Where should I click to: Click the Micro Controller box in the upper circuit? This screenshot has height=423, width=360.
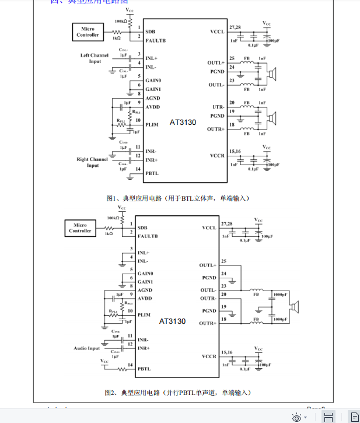tap(88, 32)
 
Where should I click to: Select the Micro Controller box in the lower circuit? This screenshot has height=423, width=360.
tap(80, 228)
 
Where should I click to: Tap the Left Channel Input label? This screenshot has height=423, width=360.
tap(94, 58)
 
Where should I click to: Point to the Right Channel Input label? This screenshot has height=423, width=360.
tap(92, 162)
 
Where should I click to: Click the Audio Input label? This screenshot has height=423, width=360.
tap(87, 348)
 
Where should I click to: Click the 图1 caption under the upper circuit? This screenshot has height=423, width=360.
tap(179, 198)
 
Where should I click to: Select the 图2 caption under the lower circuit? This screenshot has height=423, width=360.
tap(177, 393)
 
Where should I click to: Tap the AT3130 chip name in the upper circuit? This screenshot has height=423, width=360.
tap(183, 123)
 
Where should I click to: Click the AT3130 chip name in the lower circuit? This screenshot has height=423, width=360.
tap(173, 321)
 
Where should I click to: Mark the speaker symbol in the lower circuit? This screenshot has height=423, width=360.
tap(296, 307)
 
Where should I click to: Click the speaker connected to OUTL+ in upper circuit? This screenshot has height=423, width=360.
tap(271, 74)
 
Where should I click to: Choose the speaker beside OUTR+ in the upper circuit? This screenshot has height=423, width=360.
tap(271, 118)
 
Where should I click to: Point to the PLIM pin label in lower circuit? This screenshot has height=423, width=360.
tap(144, 314)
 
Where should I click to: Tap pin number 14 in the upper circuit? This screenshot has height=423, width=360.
tap(138, 170)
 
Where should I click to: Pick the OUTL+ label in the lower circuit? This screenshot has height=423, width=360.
tap(208, 265)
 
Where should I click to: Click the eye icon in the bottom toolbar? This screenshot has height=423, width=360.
tap(297, 417)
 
